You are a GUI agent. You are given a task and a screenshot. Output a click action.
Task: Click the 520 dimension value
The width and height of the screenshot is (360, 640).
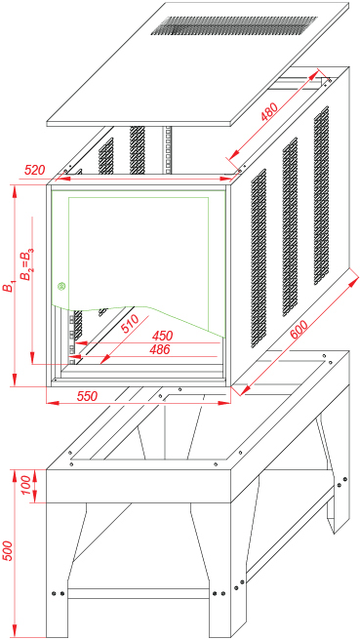coord(35,170)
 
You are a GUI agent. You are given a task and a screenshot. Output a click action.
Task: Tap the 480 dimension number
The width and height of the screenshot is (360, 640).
coord(270,111)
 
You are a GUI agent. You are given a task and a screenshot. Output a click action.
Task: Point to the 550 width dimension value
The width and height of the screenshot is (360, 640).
coord(87,396)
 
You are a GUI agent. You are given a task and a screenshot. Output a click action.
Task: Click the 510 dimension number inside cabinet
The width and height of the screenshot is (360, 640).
coord(130,324)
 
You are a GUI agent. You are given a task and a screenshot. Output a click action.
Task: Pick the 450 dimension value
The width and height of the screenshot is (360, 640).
coord(163,336)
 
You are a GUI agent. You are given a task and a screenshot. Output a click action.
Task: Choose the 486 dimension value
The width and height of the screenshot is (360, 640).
coord(160,349)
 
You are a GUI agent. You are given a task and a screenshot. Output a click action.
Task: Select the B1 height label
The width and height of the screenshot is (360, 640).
coord(8,286)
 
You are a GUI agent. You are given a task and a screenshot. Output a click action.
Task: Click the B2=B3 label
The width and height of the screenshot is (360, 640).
coord(27,265)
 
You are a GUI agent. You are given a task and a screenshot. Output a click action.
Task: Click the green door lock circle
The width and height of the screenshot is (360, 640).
coord(61,287)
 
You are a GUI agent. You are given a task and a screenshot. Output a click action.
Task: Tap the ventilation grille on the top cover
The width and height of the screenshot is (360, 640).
coord(234,25)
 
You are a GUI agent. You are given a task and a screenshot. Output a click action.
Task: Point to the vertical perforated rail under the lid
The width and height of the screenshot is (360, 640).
coord(167,150)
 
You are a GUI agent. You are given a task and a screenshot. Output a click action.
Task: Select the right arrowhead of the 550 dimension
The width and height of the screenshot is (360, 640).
coord(224,403)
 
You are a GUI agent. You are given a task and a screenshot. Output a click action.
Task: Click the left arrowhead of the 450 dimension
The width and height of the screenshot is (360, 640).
coord(80,343)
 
